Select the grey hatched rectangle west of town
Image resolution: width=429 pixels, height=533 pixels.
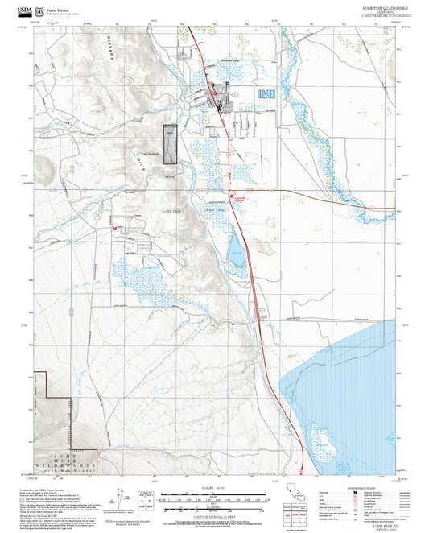170,145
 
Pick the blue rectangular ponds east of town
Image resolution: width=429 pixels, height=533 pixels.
266,94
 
